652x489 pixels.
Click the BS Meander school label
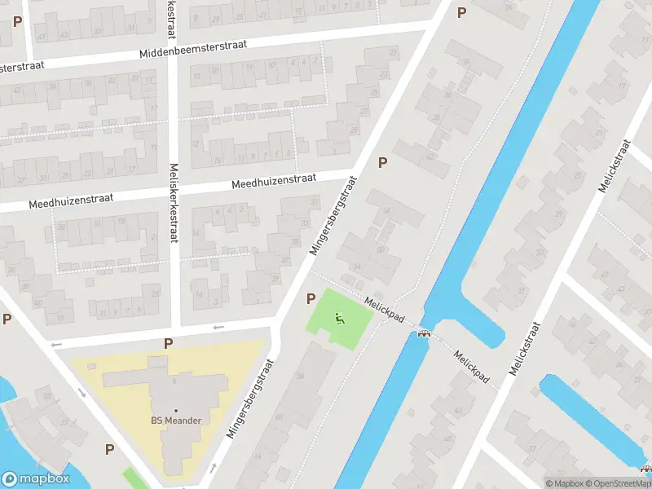[x=175, y=421]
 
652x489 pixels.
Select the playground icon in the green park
[x=341, y=319]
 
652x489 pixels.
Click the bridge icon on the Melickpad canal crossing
[x=424, y=332]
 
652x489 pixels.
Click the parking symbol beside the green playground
[x=311, y=299]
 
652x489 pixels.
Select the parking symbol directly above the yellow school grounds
[x=168, y=344]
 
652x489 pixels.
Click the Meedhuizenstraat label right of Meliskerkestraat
[x=273, y=182]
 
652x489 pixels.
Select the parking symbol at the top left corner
[x=17, y=21]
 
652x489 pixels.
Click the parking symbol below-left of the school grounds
[x=109, y=448]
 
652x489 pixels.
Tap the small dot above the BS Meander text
[x=175, y=410]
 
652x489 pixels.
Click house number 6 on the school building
[x=173, y=380]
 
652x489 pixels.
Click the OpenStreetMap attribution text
[x=618, y=483]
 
